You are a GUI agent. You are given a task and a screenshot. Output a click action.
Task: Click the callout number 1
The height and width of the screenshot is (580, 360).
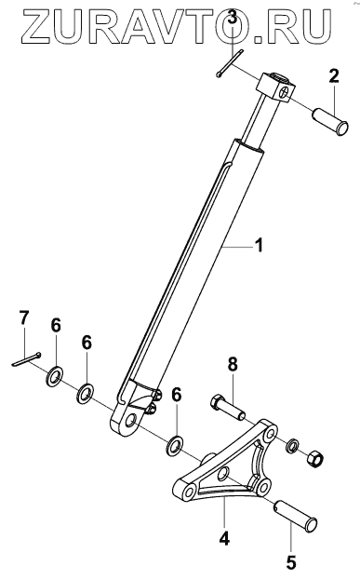click(260, 245)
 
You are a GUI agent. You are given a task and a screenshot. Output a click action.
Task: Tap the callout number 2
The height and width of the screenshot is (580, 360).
click(333, 76)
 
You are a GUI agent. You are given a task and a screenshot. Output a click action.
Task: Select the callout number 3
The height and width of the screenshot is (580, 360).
click(232, 17)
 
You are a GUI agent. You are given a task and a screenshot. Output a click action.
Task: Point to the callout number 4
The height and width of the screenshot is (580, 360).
click(224, 538)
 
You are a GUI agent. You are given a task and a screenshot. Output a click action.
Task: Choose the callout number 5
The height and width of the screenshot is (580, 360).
click(291, 562)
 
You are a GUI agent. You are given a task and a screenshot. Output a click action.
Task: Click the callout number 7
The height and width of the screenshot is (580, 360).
click(23, 318)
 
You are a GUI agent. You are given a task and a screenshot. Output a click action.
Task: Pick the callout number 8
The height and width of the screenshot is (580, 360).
click(233, 364)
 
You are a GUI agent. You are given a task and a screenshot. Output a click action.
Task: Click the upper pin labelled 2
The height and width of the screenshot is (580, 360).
click(331, 122)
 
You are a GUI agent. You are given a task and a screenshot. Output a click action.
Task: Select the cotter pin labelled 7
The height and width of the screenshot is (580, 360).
click(26, 359)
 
